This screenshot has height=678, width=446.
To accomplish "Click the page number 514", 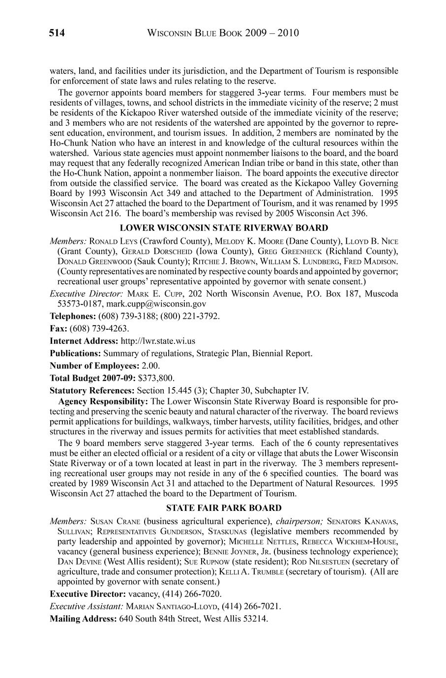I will tap(57, 33).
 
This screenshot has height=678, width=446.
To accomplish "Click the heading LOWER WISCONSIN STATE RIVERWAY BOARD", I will tap(224, 227).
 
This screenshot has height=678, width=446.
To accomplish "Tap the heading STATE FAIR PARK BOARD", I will tap(224, 508).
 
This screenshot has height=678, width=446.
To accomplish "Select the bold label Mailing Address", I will tap(84, 618).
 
